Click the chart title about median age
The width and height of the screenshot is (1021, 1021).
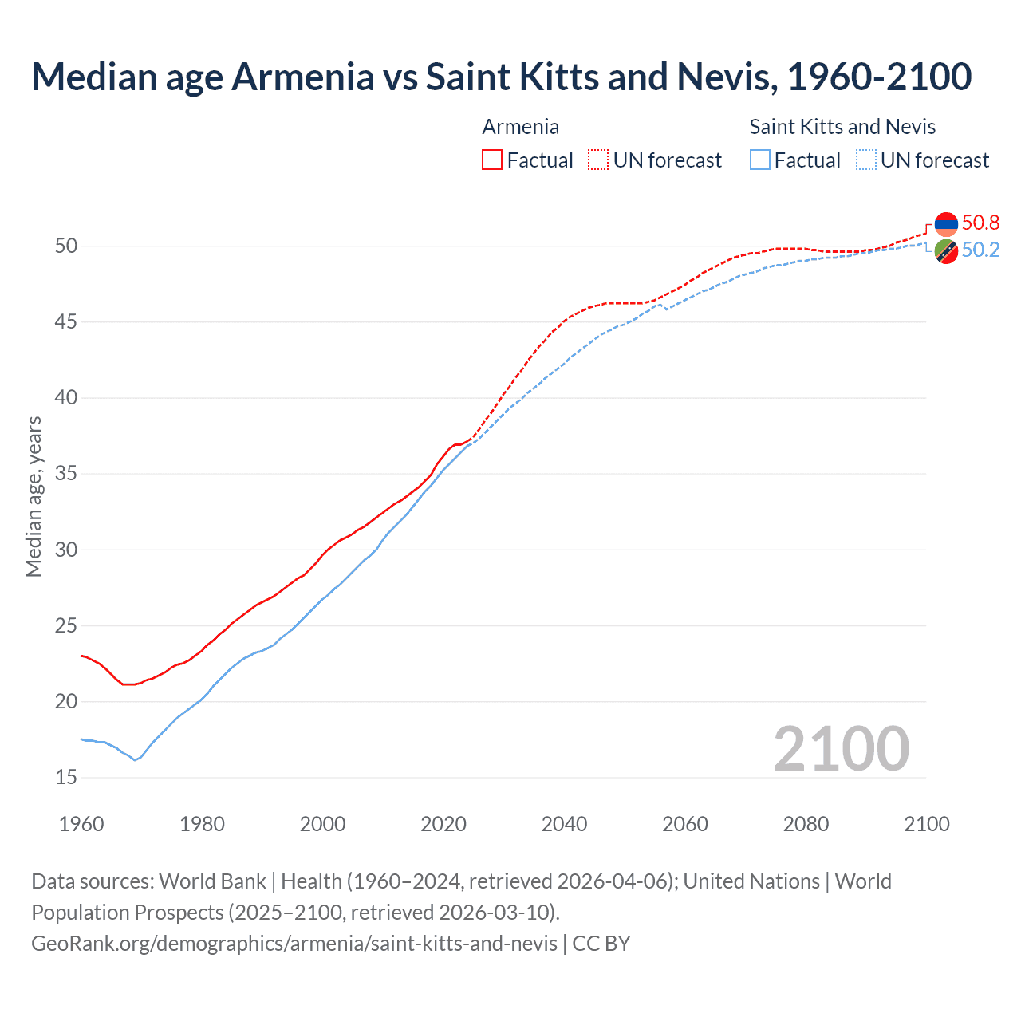[x=501, y=77]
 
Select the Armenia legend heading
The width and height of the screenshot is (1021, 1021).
[x=520, y=127]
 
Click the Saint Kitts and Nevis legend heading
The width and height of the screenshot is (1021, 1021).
[x=842, y=127]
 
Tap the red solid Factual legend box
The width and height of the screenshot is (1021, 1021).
[x=492, y=160]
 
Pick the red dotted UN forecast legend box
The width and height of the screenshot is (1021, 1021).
[x=598, y=160]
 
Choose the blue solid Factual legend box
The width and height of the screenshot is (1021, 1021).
[x=760, y=160]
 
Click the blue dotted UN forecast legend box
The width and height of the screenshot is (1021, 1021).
[x=866, y=160]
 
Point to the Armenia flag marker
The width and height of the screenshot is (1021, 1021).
[x=946, y=224]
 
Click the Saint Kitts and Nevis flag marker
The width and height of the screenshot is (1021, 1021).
[x=946, y=250]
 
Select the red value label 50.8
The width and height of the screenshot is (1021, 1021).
[x=980, y=223]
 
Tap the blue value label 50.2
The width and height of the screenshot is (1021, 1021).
[x=980, y=250]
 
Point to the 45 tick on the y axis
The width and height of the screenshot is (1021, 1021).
[x=66, y=322]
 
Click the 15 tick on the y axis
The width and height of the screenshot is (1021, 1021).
[x=66, y=778]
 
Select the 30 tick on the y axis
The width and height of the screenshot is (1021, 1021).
[x=66, y=550]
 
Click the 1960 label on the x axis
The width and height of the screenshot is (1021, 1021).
[x=81, y=824]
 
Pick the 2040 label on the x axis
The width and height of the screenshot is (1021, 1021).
[x=564, y=824]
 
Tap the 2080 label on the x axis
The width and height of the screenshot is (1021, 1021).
[x=806, y=824]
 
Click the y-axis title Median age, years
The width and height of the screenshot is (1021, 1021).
[x=34, y=496]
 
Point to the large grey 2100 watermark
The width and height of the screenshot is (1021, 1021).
[x=841, y=748]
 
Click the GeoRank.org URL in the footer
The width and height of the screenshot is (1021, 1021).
[x=294, y=943]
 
